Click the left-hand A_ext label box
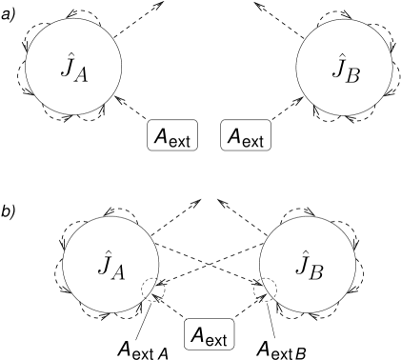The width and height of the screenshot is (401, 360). tap(172, 135)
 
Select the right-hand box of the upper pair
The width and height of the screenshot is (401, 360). tap(247, 135)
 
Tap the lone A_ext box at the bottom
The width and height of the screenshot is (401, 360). tap(209, 334)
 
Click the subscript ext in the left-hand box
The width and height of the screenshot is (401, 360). tap(180, 141)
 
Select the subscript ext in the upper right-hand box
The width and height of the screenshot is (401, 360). tap(253, 141)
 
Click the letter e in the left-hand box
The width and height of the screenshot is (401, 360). tap(173, 142)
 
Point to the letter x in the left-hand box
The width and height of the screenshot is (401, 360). tap(181, 142)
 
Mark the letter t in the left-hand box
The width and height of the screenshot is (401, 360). tap(188, 141)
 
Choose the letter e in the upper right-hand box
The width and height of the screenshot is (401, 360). tap(247, 142)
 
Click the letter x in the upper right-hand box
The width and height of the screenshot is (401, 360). tap(254, 142)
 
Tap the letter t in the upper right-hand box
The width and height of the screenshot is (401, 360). tap(261, 141)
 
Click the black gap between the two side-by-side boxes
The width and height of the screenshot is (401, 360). tap(210, 135)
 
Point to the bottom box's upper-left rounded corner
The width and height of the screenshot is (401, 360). tap(187, 322)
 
